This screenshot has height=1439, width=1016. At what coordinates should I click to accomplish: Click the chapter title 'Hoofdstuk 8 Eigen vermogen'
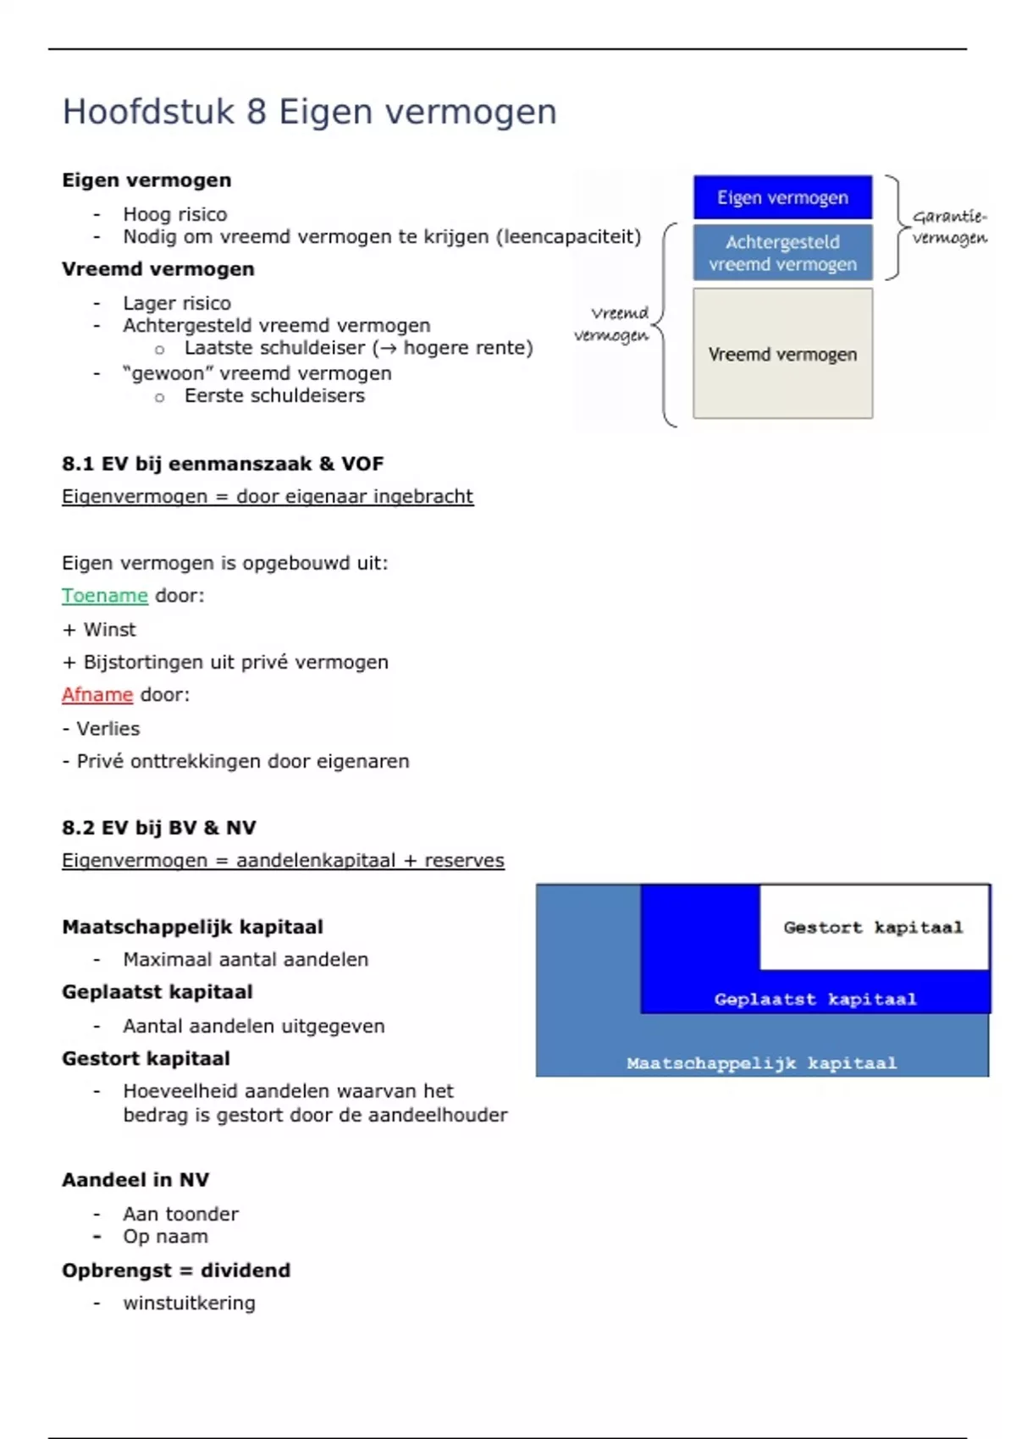(309, 112)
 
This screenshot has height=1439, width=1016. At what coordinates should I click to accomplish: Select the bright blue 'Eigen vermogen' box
(782, 197)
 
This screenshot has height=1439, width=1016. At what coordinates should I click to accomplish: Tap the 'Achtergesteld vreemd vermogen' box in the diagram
(782, 252)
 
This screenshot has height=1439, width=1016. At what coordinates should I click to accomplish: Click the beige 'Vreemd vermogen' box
(782, 354)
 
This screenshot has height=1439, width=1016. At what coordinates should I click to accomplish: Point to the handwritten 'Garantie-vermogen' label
(949, 227)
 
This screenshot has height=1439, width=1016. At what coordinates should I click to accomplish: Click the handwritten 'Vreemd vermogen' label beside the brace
(612, 324)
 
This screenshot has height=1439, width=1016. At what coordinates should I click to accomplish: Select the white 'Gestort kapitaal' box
(873, 927)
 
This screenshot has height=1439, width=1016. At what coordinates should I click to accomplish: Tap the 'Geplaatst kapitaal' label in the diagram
(814, 999)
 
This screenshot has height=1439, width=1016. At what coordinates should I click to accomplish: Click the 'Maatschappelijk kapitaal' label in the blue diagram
(761, 1063)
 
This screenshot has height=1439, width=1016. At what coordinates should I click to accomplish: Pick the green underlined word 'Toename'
(105, 596)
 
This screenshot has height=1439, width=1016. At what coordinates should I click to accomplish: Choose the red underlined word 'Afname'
(97, 695)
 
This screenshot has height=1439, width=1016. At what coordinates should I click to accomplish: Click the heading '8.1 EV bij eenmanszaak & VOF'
(223, 464)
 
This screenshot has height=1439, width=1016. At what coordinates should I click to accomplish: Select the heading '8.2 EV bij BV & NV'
(159, 828)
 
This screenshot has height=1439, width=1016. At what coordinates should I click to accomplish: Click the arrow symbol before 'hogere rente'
(388, 349)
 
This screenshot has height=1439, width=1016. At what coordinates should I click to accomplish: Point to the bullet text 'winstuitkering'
(189, 1303)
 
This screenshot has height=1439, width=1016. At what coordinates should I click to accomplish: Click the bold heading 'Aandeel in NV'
(135, 1180)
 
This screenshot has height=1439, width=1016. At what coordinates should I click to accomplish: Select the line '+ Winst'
(99, 630)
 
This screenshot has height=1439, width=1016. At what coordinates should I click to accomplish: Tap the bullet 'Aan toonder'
(180, 1214)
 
